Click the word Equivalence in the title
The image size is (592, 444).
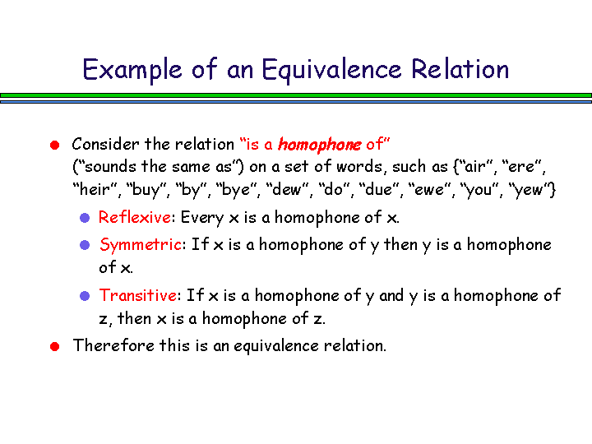pos(331,70)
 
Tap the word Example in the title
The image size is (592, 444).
pos(132,70)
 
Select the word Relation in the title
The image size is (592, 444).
pos(460,69)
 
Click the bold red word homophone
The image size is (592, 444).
pos(319,144)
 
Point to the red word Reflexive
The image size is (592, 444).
pos(134,217)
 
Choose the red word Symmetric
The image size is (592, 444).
pos(141,245)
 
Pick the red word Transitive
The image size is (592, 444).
pos(138,295)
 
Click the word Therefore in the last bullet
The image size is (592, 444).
pos(113,345)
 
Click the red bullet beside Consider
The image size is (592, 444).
pos(55,145)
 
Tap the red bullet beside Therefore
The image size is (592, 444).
pos(55,346)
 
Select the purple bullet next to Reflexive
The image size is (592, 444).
pos(85,218)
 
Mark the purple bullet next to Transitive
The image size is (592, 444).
pos(85,296)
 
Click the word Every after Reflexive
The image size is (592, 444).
pos(202,217)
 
